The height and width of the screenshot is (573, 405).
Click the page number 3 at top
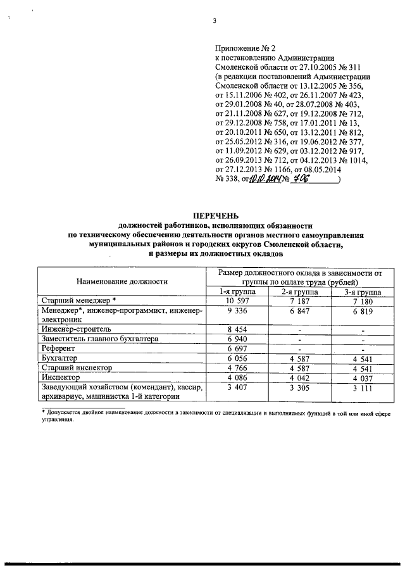[x=215, y=21]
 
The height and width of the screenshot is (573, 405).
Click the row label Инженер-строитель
[x=76, y=329]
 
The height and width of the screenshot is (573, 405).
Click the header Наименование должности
[x=121, y=280]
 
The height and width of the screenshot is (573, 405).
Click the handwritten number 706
[x=313, y=179]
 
